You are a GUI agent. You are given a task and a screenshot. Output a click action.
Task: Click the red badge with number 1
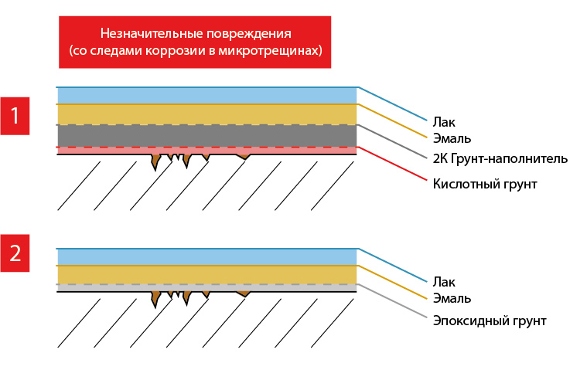[15, 116]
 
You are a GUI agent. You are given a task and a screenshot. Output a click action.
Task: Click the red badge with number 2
[15, 253]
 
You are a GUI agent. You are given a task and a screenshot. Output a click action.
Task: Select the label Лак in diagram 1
[444, 122]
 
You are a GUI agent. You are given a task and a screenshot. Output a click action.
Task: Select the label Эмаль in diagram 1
[452, 138]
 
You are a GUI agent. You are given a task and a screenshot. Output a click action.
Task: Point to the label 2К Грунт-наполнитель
[500, 158]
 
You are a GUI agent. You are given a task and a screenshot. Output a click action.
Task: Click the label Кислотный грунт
[485, 184]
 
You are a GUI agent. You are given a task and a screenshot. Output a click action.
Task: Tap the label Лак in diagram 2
[444, 282]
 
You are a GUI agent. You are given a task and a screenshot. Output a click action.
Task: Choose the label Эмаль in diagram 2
[452, 298]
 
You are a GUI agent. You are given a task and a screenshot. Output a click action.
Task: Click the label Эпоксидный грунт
[490, 321]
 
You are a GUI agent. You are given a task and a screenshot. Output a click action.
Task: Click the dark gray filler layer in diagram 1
[207, 136]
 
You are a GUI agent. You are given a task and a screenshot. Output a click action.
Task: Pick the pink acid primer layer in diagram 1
[207, 151]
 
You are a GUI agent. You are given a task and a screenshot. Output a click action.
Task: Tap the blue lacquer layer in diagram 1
[207, 96]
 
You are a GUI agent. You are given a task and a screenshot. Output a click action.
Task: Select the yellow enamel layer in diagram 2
[207, 275]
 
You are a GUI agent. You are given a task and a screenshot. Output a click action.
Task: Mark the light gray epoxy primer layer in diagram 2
[207, 287]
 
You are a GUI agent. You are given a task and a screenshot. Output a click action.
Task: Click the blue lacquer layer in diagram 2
[207, 257]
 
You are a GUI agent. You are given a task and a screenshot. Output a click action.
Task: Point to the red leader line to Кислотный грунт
[392, 164]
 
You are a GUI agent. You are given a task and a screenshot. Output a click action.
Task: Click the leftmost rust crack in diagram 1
[155, 161]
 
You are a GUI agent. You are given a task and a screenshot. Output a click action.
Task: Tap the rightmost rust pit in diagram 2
[244, 294]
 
